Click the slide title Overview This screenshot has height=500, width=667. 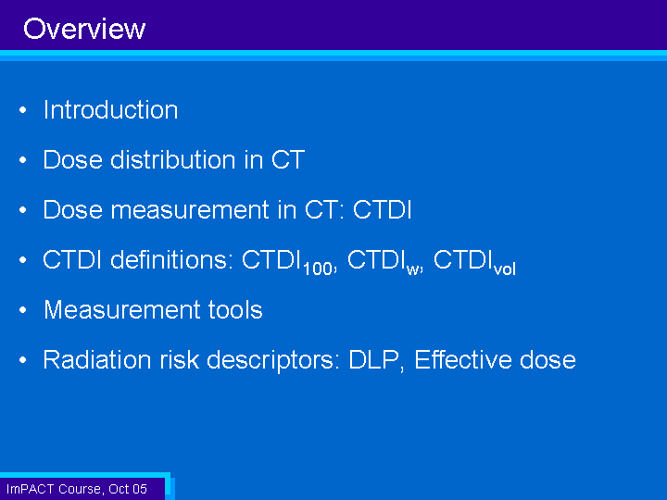[x=84, y=29]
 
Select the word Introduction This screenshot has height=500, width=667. [x=110, y=109]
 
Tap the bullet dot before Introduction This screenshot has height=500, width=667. [x=23, y=110]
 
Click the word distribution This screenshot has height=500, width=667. [x=172, y=160]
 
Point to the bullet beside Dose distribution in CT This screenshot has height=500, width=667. [x=23, y=160]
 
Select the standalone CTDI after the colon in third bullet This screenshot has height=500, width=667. [x=382, y=209]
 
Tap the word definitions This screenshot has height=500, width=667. [x=172, y=259]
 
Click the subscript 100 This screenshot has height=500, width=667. [x=318, y=269]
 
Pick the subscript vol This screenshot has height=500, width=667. [x=505, y=269]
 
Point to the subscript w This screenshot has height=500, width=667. [x=412, y=270]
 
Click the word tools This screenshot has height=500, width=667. [x=235, y=309]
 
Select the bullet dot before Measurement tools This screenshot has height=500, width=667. [x=23, y=310]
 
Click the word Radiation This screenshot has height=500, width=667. [x=97, y=359]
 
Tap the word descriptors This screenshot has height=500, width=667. [x=272, y=360]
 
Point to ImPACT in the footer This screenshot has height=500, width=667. [x=31, y=489]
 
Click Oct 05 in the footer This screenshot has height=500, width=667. [x=128, y=489]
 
